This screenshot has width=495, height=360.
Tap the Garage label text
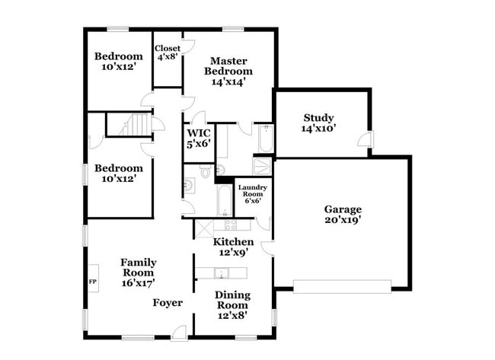tap(342, 210)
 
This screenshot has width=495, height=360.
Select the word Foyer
tap(168, 303)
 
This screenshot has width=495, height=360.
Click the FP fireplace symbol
tap(93, 279)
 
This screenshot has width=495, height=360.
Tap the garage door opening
tap(342, 287)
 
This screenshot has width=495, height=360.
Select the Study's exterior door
tap(366, 141)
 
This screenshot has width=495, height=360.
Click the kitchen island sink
tap(223, 273)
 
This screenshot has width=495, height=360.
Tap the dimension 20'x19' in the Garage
tap(342, 221)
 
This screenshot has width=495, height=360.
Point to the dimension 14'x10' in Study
tap(318, 129)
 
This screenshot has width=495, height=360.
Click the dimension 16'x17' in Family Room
tap(138, 282)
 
